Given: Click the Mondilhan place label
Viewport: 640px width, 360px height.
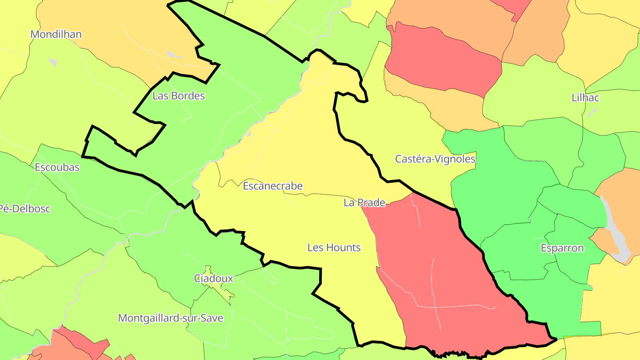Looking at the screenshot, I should (x=56, y=34).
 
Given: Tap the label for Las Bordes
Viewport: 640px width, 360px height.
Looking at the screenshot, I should (x=178, y=96).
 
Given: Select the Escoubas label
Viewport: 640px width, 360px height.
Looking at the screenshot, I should (x=57, y=167).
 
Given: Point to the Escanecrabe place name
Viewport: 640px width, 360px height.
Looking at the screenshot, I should (x=272, y=186).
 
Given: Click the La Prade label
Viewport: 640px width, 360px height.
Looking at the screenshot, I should (x=364, y=203).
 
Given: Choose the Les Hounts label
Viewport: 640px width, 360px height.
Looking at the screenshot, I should (x=334, y=247).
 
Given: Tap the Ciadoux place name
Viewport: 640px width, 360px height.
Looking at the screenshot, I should (x=213, y=278).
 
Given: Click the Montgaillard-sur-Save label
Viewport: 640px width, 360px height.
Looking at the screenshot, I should (x=170, y=318).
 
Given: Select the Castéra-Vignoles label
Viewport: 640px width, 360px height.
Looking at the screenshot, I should (x=435, y=159).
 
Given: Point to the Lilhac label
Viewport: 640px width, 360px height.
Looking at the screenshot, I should (x=585, y=98).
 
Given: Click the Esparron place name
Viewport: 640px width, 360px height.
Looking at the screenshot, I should (x=562, y=248).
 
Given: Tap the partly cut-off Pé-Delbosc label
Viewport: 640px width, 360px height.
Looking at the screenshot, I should (x=25, y=208).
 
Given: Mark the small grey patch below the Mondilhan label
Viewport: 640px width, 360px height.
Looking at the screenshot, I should (x=53, y=62).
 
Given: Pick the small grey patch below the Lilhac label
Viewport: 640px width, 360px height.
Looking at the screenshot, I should (x=591, y=113).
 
